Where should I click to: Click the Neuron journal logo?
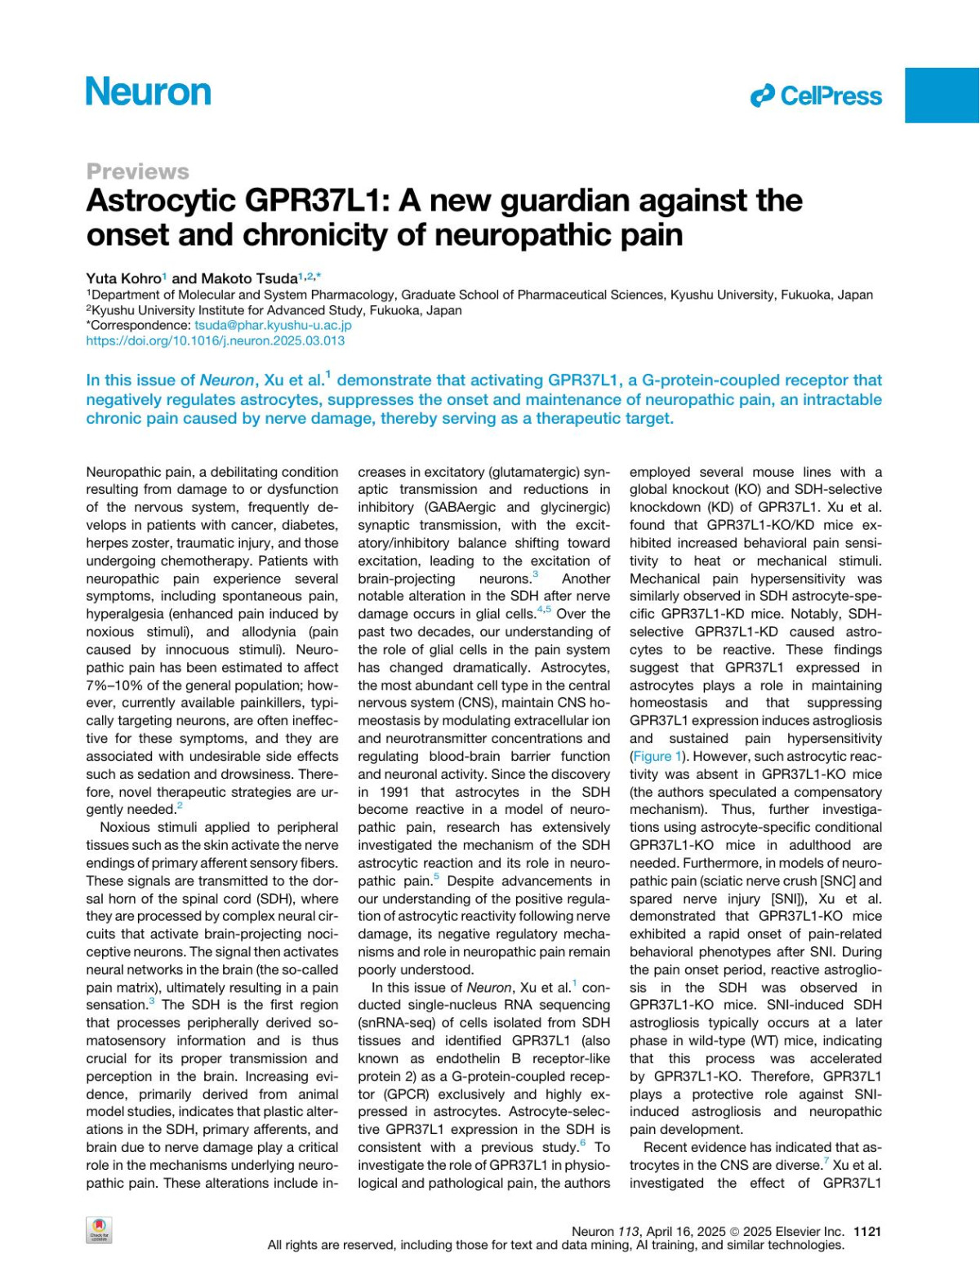tap(149, 91)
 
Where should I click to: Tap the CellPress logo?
tap(817, 96)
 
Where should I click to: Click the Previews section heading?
tap(137, 171)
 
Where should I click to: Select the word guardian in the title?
tap(569, 201)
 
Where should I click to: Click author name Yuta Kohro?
tap(123, 279)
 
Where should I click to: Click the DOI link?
tap(215, 340)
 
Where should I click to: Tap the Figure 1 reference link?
tap(657, 756)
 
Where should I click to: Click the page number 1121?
tap(867, 1232)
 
